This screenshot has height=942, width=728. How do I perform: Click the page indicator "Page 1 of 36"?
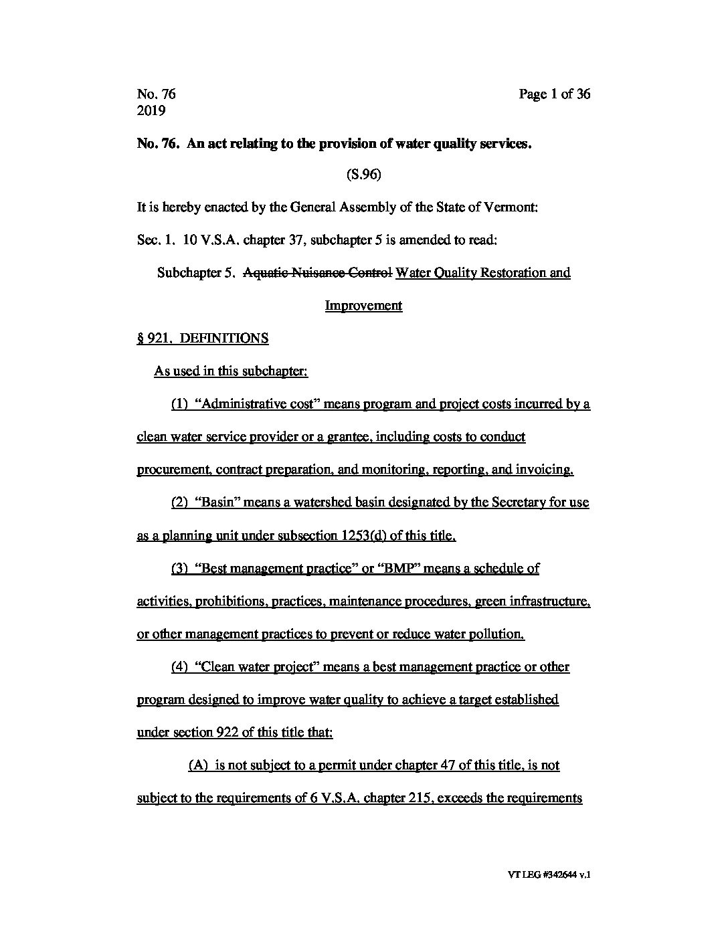pos(554,94)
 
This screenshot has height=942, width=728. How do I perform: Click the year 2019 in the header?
pos(151,111)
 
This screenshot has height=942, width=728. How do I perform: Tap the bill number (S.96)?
pos(363,175)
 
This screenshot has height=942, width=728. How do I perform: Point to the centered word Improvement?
pos(363,306)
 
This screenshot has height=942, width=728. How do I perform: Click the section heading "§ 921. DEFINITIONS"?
pos(203,339)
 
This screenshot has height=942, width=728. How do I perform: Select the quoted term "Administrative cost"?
pos(244,404)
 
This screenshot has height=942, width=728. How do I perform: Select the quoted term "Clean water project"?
pos(260,666)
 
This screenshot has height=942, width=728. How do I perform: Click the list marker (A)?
pos(199,765)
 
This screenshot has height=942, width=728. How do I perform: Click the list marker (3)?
pos(179,568)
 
